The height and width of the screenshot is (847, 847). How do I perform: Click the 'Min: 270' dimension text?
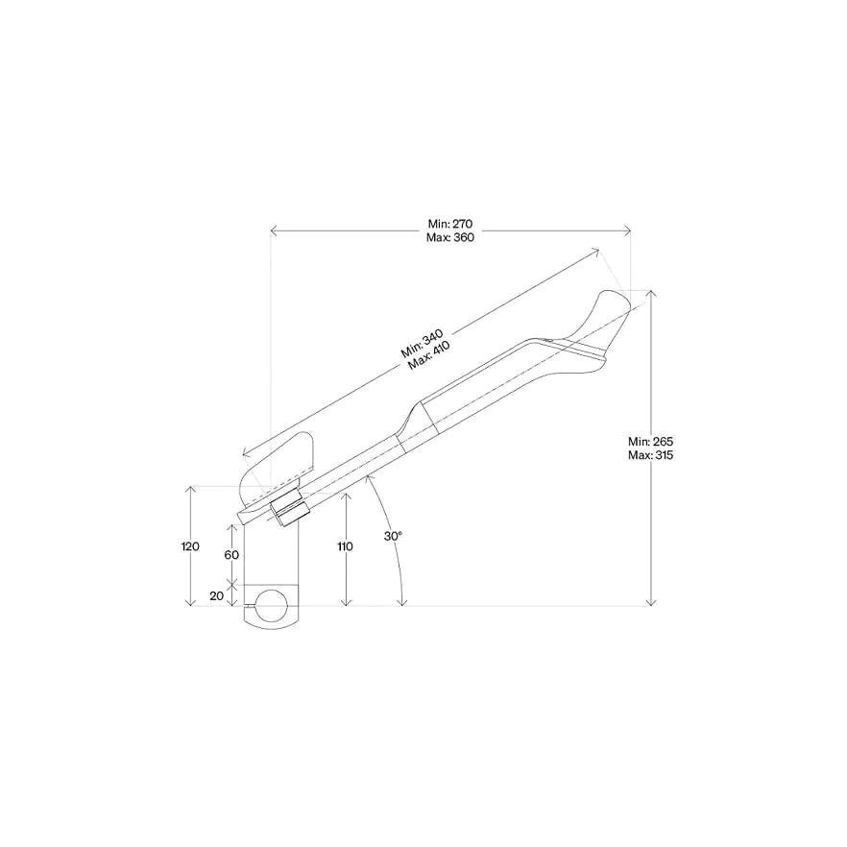[x=450, y=224]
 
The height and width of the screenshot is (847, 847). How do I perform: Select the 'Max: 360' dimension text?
[x=450, y=237]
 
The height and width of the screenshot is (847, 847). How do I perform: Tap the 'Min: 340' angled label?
[x=423, y=344]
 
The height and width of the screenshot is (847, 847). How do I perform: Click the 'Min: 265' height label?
[x=650, y=442]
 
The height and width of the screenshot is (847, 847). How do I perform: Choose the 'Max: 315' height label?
[x=650, y=455]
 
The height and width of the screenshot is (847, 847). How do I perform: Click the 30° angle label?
[x=394, y=536]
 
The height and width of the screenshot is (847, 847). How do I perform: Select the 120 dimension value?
[x=190, y=546]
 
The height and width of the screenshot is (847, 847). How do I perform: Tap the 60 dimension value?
[x=231, y=555]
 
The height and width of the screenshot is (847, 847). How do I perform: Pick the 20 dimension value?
[x=217, y=595]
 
